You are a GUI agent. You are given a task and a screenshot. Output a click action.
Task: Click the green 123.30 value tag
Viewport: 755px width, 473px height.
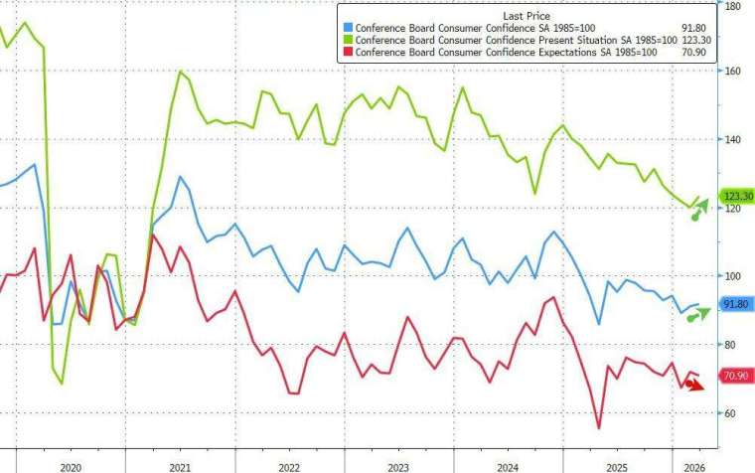pyautogui.click(x=735, y=197)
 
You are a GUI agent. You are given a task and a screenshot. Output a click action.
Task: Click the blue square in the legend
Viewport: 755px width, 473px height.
pyautogui.click(x=347, y=28)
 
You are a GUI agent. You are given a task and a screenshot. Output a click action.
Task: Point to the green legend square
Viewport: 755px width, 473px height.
pyautogui.click(x=347, y=41)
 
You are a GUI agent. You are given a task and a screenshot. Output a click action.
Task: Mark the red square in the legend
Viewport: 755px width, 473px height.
pyautogui.click(x=347, y=54)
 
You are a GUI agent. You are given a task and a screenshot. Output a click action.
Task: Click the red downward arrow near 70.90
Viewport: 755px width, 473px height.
pyautogui.click(x=696, y=385)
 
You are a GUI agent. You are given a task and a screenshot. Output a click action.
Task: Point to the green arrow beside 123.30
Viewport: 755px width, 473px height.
pyautogui.click(x=700, y=209)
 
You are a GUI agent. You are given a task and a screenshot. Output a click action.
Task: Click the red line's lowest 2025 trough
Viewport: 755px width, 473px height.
pyautogui.click(x=599, y=428)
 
